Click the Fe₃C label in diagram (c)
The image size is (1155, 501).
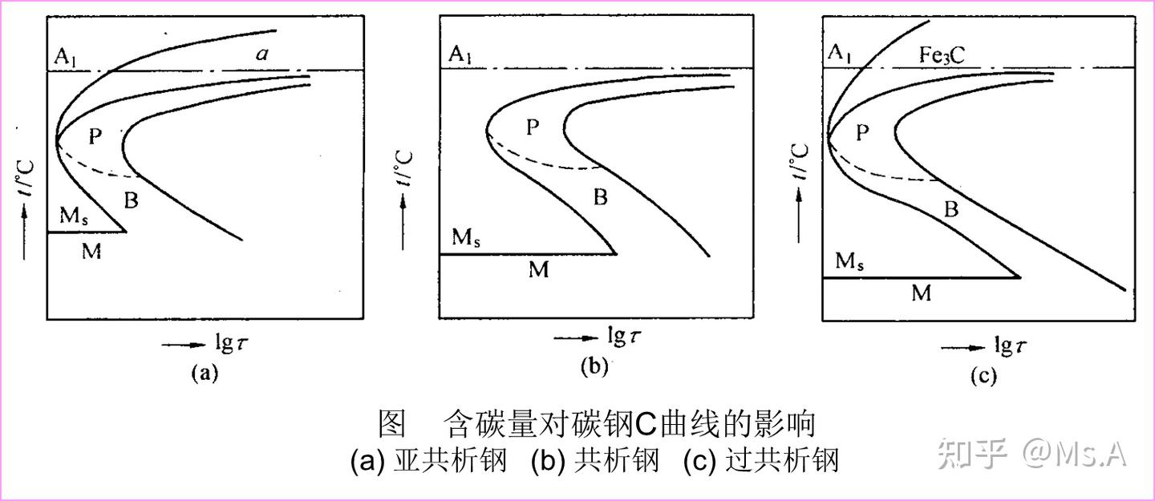(942, 55)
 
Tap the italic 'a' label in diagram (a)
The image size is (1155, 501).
(262, 54)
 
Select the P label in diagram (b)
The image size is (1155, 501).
(533, 127)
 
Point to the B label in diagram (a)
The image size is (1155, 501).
(132, 200)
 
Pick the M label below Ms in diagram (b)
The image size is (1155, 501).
(539, 269)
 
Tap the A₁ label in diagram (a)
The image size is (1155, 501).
(66, 57)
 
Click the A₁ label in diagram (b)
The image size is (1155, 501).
(460, 55)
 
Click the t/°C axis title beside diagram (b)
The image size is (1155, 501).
(404, 168)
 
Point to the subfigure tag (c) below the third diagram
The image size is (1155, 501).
(983, 376)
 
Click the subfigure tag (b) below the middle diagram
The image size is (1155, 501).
(594, 366)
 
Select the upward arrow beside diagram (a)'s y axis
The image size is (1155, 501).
(24, 231)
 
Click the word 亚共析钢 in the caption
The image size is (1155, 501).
(450, 460)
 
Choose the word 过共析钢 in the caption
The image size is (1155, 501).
(782, 460)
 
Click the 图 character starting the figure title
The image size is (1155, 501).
(392, 424)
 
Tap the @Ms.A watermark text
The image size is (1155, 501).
(1075, 454)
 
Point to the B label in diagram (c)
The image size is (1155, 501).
(951, 209)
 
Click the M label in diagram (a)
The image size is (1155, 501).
(91, 251)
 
